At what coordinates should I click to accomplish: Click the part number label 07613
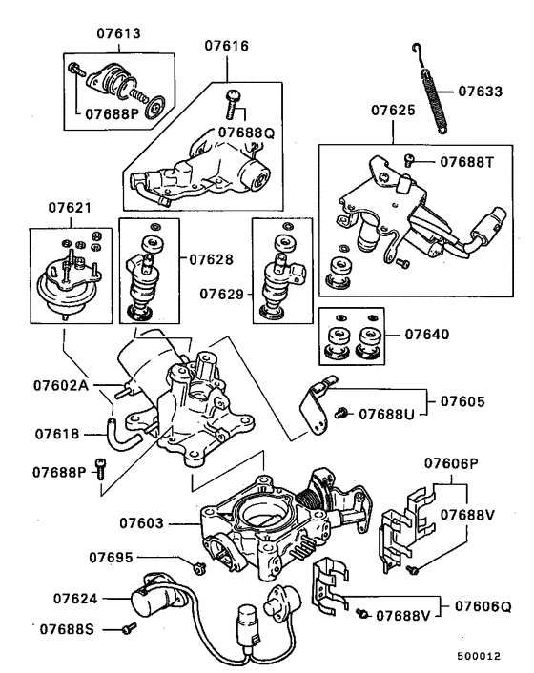[x=118, y=31]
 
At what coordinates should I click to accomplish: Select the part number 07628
[x=211, y=258]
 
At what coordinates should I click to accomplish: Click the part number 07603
[x=143, y=522]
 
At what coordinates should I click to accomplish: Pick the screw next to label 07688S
[x=129, y=628]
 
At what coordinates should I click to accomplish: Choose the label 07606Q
[x=482, y=605]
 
